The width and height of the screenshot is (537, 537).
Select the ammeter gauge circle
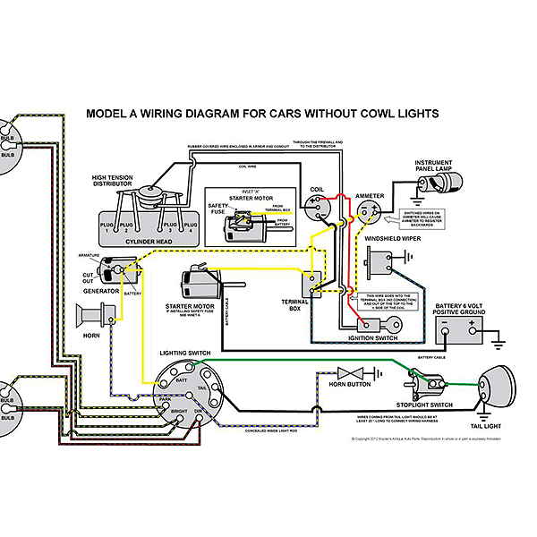(366, 211)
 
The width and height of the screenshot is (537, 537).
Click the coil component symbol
(317, 212)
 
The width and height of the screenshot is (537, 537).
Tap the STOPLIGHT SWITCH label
(426, 405)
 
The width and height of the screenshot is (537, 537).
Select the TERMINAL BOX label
(294, 304)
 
